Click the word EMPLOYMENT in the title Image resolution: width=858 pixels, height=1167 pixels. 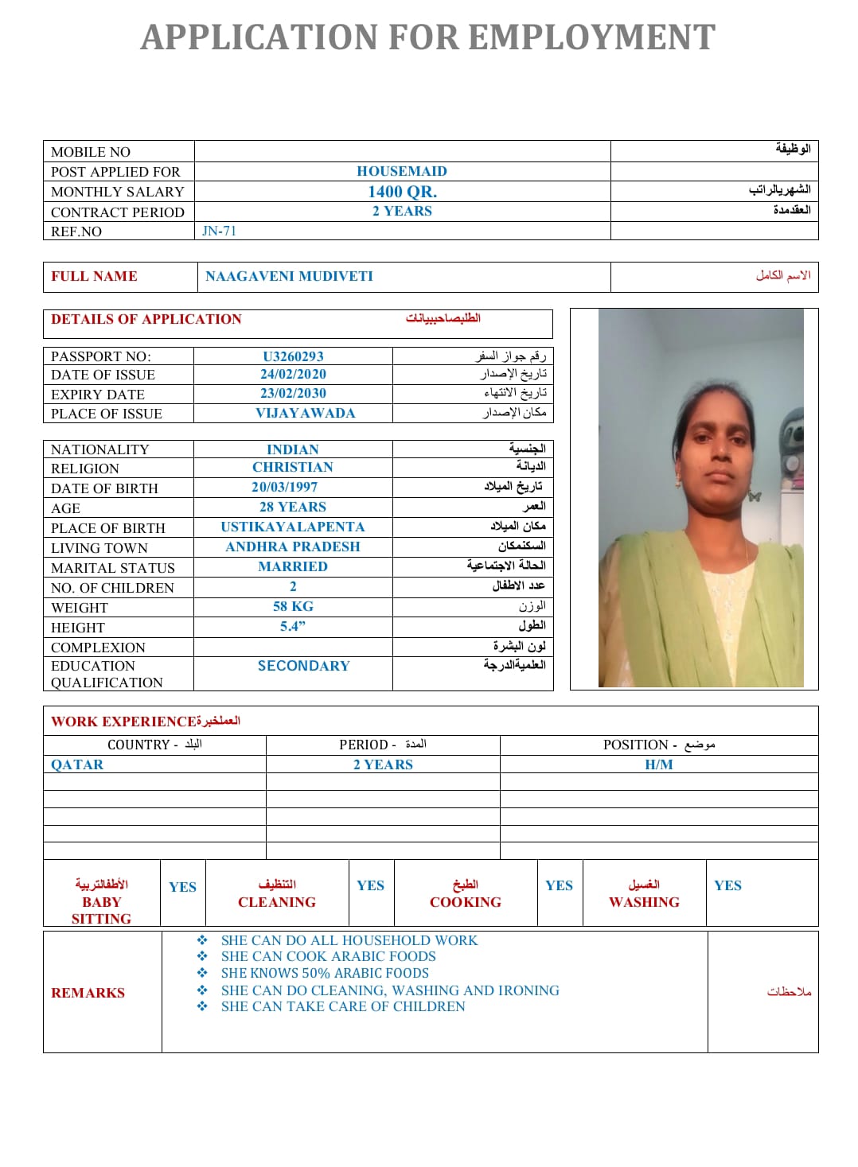click(591, 37)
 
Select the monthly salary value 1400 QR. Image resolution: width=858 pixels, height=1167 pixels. click(402, 192)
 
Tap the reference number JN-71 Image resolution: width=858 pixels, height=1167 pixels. click(219, 231)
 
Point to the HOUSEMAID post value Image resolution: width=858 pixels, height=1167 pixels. click(402, 171)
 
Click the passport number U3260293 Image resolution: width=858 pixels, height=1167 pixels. click(293, 356)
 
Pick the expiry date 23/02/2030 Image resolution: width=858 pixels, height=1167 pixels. click(293, 393)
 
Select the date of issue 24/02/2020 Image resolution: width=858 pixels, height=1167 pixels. click(293, 374)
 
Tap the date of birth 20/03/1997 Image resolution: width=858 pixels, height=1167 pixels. click(284, 487)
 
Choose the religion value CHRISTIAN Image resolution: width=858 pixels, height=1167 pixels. click(293, 467)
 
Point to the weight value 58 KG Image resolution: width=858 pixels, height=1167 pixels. click(293, 606)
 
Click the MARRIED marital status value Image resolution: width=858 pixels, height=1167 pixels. click(293, 566)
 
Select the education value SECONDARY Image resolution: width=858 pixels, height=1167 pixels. click(303, 666)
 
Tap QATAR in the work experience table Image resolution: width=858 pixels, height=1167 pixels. click(77, 764)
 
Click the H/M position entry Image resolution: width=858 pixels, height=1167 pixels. click(658, 764)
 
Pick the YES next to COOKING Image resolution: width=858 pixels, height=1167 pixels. click(559, 885)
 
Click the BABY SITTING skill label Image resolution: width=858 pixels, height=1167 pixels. click(101, 910)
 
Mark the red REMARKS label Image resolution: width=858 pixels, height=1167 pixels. click(88, 993)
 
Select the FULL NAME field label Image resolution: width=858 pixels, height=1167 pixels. click(94, 276)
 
